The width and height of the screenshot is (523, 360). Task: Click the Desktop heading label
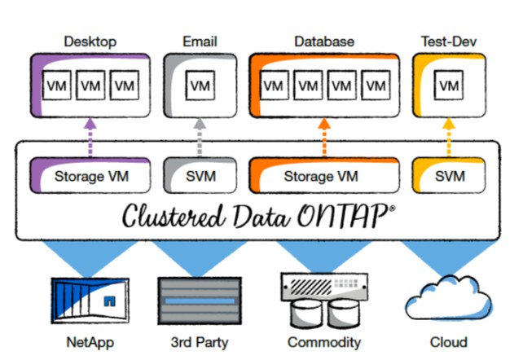tap(90, 41)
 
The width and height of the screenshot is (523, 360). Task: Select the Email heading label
tap(200, 41)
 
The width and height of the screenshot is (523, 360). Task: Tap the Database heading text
tap(323, 41)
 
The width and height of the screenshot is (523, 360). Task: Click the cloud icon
tap(448, 300)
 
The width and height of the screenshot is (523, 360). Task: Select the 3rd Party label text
tap(200, 341)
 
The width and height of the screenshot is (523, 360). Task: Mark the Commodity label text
tap(324, 341)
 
